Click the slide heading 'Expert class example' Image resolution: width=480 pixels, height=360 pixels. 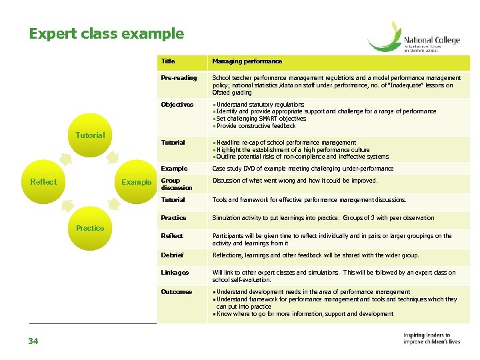click(106, 33)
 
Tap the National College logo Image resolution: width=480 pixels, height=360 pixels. click(413, 37)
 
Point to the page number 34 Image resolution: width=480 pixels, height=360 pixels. click(33, 341)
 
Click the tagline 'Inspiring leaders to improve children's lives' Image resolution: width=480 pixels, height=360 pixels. click(431, 339)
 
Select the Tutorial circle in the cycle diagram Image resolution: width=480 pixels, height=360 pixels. click(90, 135)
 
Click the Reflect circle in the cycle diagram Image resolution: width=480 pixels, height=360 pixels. click(43, 182)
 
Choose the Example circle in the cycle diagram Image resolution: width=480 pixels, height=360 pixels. click(136, 182)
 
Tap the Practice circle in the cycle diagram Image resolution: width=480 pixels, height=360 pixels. click(90, 228)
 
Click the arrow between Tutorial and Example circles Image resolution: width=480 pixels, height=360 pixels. click(113, 158)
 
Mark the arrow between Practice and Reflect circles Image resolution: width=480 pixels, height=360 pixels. click(66, 205)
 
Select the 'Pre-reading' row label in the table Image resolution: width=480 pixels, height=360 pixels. click(179, 78)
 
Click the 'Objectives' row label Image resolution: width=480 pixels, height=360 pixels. click(177, 105)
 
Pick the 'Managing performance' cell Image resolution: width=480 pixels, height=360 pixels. click(247, 61)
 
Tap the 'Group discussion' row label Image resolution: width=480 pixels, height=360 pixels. click(176, 184)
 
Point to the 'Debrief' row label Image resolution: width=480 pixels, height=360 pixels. click(172, 255)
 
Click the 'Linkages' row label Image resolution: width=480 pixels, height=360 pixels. click(175, 273)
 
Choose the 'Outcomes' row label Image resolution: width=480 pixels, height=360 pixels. click(176, 292)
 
